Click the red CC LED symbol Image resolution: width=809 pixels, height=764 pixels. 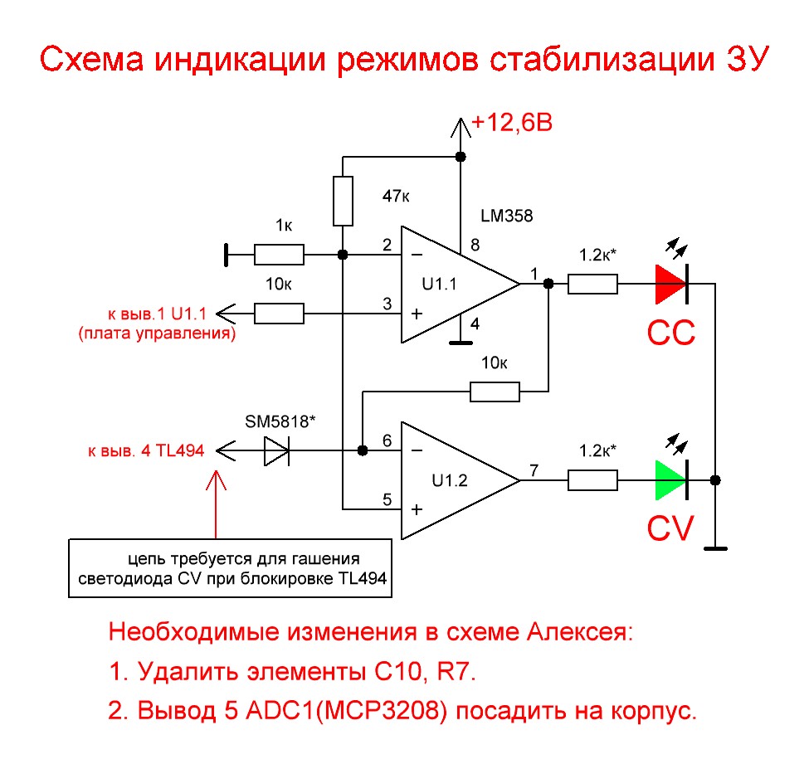tap(670, 285)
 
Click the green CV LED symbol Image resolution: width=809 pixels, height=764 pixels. tap(670, 480)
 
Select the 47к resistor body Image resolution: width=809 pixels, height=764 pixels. tap(343, 201)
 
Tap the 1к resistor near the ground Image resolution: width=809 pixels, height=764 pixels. tap(279, 254)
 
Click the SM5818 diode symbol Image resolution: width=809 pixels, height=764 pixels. tap(276, 450)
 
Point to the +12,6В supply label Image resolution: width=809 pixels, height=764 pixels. tap(512, 124)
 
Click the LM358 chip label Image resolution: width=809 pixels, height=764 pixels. tap(506, 216)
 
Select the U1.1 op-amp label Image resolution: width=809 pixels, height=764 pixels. tap(439, 285)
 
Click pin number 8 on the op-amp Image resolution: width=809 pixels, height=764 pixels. tap(475, 246)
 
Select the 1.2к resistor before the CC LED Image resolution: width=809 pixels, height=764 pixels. tap(592, 285)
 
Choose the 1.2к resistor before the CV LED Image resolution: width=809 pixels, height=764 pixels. tap(592, 480)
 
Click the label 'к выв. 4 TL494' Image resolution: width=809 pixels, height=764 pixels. tap(146, 451)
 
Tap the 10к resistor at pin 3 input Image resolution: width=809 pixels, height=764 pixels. tap(279, 314)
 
